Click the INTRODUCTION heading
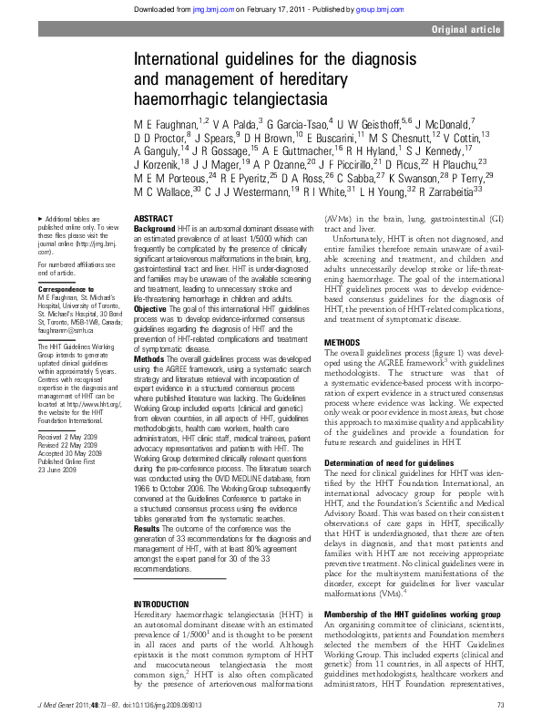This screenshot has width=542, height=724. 162,502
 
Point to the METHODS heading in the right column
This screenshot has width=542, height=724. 343,342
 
